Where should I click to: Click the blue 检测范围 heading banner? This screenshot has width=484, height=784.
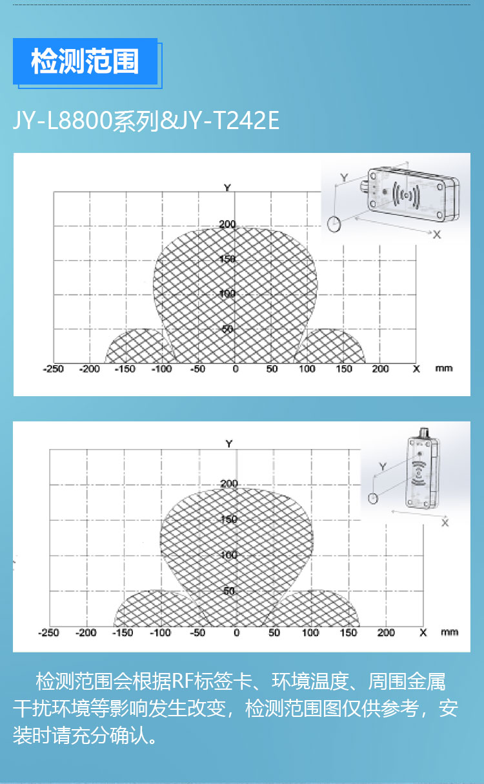[85, 61]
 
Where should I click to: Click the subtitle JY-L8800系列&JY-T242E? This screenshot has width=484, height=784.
[146, 121]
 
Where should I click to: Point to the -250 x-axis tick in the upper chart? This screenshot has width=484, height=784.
[53, 369]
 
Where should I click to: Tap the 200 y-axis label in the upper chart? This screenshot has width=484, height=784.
[227, 224]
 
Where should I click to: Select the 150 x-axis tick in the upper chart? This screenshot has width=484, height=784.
[344, 369]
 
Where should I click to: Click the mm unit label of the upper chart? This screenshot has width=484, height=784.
[444, 368]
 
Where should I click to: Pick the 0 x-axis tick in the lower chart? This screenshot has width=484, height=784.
[237, 633]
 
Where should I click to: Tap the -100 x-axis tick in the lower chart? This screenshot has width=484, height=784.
[160, 633]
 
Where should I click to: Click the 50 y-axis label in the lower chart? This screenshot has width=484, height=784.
[229, 591]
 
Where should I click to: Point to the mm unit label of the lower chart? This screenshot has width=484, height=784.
[450, 632]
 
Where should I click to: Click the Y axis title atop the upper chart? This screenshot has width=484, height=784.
[227, 188]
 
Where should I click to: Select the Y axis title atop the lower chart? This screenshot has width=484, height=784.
[229, 444]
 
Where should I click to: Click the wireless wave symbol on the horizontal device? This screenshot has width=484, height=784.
[406, 195]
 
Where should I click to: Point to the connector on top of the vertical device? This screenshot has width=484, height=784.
[424, 432]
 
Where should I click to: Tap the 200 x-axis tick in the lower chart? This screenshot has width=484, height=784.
[386, 633]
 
